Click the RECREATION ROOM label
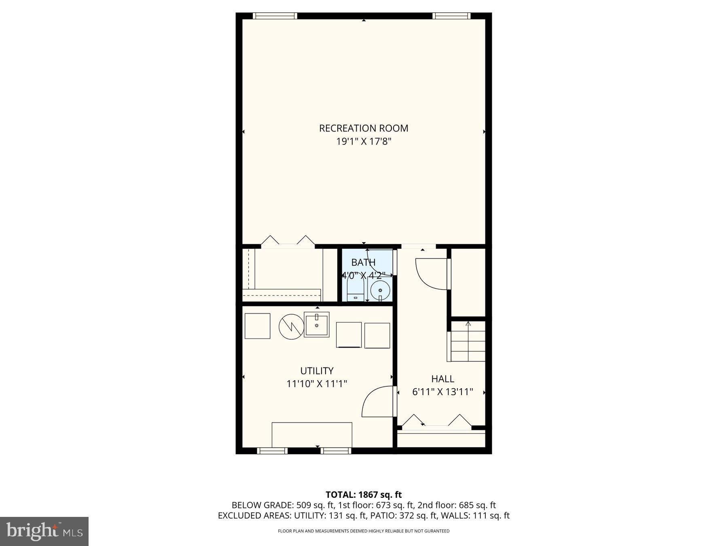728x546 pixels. click(364, 128)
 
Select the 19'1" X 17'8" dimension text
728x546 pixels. click(364, 142)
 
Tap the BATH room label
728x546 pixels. click(363, 262)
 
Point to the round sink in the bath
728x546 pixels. click(380, 290)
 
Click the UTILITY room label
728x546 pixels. click(317, 370)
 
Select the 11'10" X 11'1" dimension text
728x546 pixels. click(317, 383)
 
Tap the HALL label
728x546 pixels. click(442, 379)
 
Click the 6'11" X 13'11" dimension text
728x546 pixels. click(442, 392)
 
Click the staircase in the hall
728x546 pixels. click(468, 342)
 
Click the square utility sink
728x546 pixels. click(317, 325)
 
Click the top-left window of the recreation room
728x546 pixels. click(275, 16)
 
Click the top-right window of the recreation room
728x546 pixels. click(451, 16)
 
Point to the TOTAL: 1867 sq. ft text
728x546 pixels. click(364, 494)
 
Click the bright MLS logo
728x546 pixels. click(44, 531)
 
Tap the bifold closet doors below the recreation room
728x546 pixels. click(288, 241)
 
